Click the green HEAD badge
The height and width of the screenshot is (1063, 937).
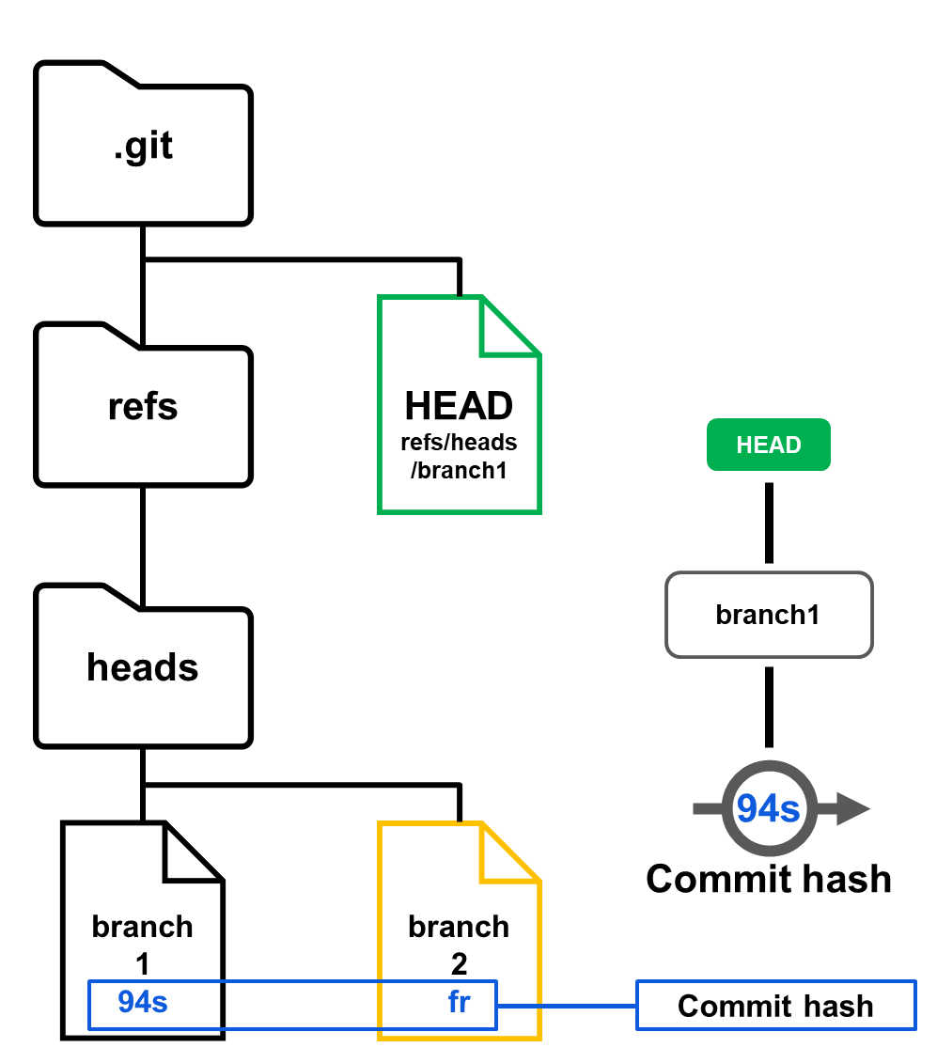click(768, 445)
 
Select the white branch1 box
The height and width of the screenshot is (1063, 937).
click(769, 615)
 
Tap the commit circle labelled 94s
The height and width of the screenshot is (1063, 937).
click(769, 808)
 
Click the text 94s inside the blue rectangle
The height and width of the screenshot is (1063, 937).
click(143, 1003)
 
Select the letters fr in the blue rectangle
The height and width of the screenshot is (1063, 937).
click(459, 1003)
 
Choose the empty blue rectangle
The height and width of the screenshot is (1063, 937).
click(776, 1005)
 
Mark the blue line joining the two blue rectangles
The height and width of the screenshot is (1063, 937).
click(566, 1006)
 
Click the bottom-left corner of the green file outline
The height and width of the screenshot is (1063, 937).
click(380, 511)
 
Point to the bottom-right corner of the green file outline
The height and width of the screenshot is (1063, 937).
click(539, 511)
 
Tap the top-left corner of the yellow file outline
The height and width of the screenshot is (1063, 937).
click(380, 824)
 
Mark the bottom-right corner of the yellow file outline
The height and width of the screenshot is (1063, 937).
click(539, 1038)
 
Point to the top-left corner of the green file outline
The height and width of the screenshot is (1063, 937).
click(380, 298)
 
